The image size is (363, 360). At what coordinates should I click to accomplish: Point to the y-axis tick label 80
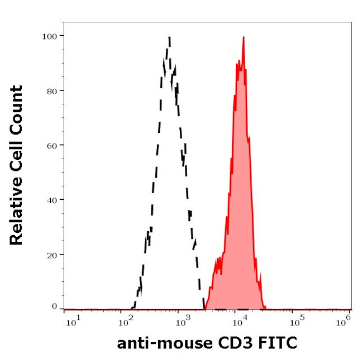pyautogui.click(x=51, y=90)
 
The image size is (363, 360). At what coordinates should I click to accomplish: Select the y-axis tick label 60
pyautogui.click(x=51, y=145)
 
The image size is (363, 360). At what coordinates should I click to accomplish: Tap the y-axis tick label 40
pyautogui.click(x=51, y=199)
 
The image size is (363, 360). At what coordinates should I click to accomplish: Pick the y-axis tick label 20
pyautogui.click(x=51, y=254)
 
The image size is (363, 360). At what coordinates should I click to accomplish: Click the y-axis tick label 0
pyautogui.click(x=54, y=306)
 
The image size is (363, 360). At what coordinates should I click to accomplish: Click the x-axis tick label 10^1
pyautogui.click(x=72, y=321)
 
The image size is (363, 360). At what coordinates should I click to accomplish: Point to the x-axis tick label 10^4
pyautogui.click(x=240, y=321)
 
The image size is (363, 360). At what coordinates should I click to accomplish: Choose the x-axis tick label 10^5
pyautogui.click(x=295, y=321)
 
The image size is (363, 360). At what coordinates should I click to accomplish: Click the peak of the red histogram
pyautogui.click(x=243, y=37)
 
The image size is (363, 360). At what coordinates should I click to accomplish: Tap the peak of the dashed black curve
pyautogui.click(x=169, y=38)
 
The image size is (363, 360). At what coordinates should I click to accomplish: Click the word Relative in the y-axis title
pyautogui.click(x=17, y=215)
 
